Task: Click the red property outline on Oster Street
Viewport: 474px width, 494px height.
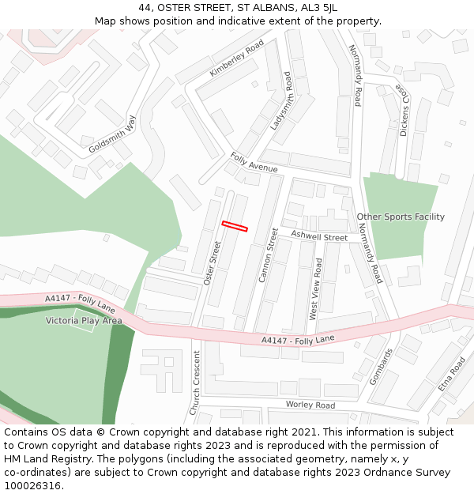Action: pos(235,226)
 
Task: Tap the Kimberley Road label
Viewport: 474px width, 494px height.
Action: pos(236,59)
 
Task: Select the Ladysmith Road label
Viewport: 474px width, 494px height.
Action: pos(281,100)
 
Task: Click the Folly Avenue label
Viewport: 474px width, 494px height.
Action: pos(254,163)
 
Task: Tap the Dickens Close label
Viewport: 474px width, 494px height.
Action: pos(404,111)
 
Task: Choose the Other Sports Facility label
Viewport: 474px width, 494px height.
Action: pos(401,217)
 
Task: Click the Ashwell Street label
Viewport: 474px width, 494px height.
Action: pos(319,236)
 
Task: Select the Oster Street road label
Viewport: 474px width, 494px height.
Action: pos(212,262)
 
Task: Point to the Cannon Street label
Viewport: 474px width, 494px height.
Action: pos(269,255)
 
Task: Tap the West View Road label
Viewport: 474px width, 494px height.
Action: pos(315,288)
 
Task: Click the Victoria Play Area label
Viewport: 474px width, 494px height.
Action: pos(84,321)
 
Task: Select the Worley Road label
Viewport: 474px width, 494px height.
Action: pos(310,405)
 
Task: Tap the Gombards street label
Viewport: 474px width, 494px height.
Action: pos(380,366)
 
